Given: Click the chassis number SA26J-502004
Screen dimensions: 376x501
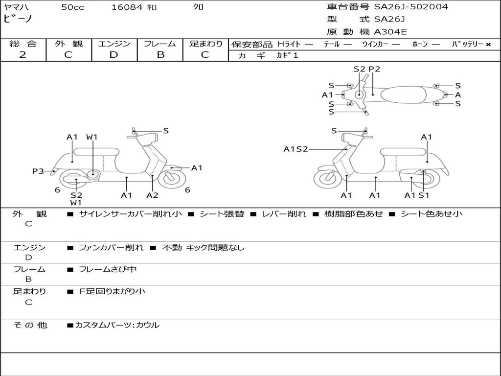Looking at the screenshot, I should pos(411,7).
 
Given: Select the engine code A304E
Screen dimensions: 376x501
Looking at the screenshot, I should pos(390,32).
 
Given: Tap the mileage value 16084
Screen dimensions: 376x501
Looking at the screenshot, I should pos(127,7).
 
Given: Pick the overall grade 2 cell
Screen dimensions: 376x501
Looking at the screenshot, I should pos(23,54).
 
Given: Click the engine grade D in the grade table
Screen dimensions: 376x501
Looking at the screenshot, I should pos(114,54).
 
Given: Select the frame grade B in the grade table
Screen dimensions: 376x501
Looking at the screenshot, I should pos(160,54).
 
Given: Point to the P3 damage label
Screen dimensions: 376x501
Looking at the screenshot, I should pos(38,171).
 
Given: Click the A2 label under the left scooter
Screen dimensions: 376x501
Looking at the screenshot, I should pos(152,195).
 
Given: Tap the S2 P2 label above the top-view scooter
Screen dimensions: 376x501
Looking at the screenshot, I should pos(366,69).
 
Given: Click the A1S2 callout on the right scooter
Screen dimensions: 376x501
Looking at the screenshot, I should pos(296,149).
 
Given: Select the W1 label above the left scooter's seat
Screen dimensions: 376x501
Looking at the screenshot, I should pos(92,137).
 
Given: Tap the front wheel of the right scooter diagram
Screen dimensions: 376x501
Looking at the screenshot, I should pos(327,179).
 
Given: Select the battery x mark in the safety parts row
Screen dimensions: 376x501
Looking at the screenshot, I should pos(488,44).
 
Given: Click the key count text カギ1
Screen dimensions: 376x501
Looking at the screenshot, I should pos(287,55).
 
